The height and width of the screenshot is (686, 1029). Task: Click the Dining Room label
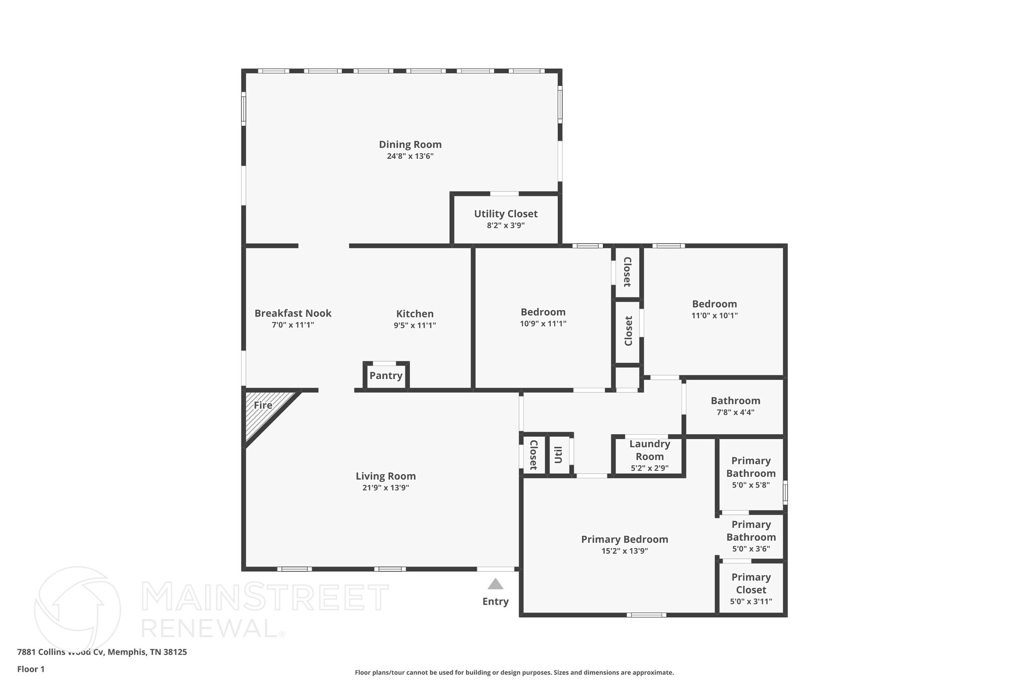[x=410, y=144]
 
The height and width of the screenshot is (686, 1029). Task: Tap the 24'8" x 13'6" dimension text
[x=410, y=156]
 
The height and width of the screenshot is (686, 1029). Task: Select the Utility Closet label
[x=505, y=214]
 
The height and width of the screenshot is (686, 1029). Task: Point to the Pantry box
[x=386, y=375]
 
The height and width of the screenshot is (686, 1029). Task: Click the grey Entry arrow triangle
[x=495, y=584]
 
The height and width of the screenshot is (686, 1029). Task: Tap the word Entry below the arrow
[x=495, y=602]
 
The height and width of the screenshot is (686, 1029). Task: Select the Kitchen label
[x=415, y=314]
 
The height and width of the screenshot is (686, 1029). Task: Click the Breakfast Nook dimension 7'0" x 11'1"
[x=293, y=325]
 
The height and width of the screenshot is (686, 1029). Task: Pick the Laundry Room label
[x=650, y=450]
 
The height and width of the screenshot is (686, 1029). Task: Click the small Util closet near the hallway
[x=559, y=455]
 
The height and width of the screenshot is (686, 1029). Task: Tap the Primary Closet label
[x=751, y=583]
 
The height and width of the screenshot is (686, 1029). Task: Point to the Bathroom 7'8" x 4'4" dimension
[x=735, y=413]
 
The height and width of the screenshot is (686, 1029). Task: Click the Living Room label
[x=385, y=476]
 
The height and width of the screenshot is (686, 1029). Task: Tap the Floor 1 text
[x=31, y=669]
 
